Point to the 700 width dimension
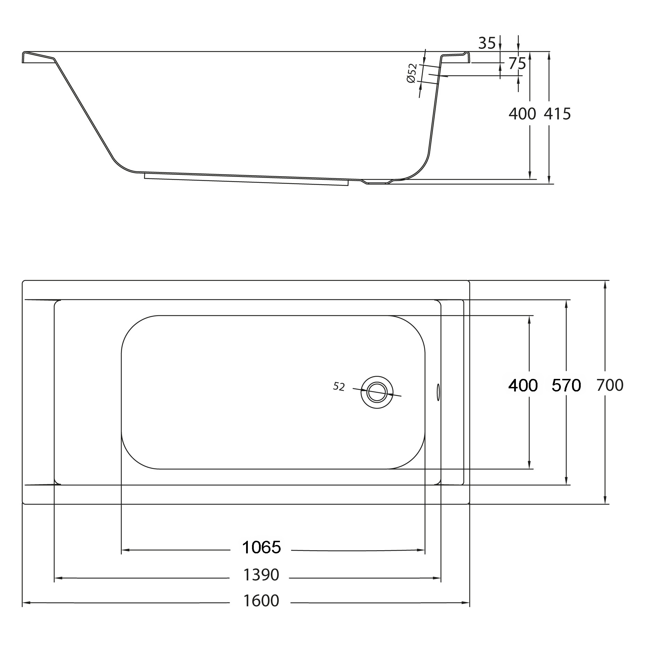tap(610, 385)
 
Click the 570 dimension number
tap(566, 386)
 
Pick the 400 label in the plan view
tap(523, 386)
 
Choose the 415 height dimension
tap(557, 114)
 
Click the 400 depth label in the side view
tap(522, 114)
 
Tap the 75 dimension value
tap(517, 63)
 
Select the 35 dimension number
tap(487, 43)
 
